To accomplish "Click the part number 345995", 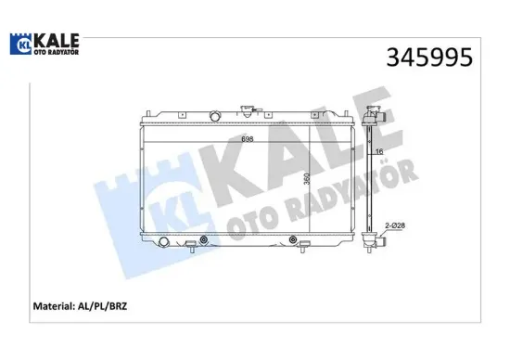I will click(x=428, y=57).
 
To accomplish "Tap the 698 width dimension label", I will click(x=247, y=138).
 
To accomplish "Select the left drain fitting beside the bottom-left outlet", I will click(x=189, y=246).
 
